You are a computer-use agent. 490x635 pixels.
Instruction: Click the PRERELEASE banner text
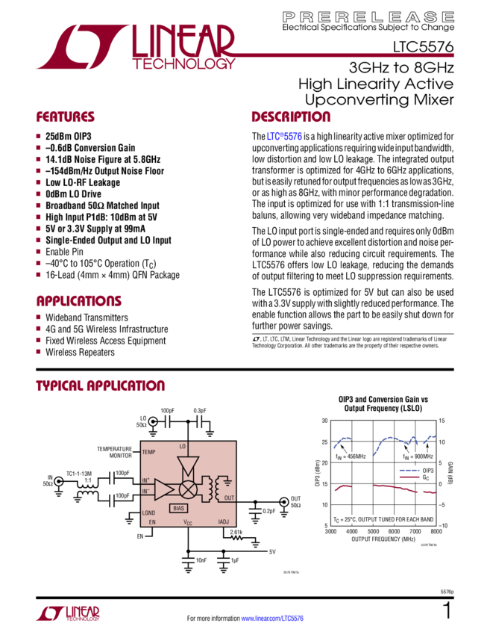coord(368,16)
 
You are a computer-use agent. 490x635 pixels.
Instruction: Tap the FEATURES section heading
coord(66,117)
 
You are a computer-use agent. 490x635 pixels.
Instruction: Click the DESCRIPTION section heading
coord(290,117)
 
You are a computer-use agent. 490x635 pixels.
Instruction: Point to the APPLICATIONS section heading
coord(78,301)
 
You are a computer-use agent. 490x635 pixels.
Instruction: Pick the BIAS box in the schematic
coord(178,508)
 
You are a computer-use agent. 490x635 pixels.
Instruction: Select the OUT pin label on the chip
coord(229,498)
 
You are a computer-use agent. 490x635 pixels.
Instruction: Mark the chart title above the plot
coord(380,404)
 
